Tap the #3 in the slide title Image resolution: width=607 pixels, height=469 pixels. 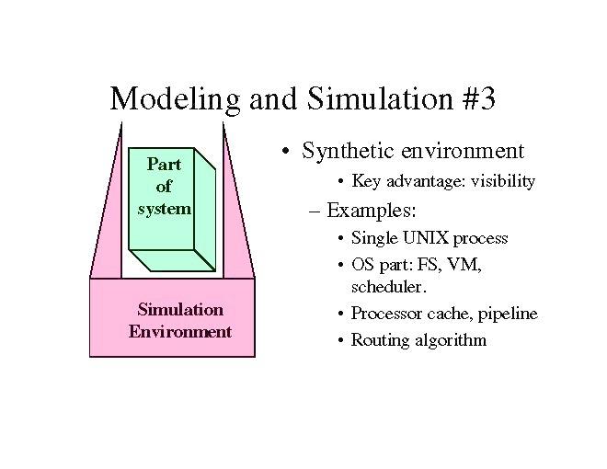point(475,97)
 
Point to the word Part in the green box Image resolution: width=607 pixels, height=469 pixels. point(164,166)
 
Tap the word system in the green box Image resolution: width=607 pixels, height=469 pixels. point(164,208)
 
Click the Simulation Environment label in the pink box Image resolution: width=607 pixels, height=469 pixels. point(179,320)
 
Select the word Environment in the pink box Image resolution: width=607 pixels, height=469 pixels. point(179,331)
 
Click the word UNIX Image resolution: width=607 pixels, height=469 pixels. point(424,238)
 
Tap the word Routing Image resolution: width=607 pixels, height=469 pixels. point(380,340)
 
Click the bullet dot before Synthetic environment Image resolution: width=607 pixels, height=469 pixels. point(288,152)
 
